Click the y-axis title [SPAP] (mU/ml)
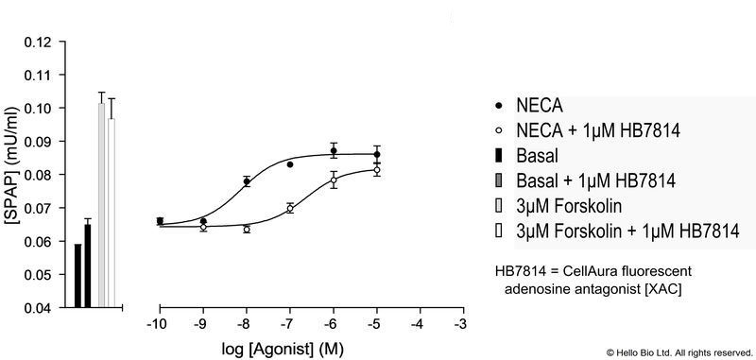coord(13,175)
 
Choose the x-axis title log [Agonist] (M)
coord(310,349)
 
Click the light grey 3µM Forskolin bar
coord(101,204)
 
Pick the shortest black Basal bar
coord(77,275)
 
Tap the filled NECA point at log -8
coord(247,181)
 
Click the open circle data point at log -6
coord(333,180)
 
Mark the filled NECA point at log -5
coord(376,154)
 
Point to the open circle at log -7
coord(290,208)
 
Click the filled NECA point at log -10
coord(160,221)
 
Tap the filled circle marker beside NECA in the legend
coord(498,103)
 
